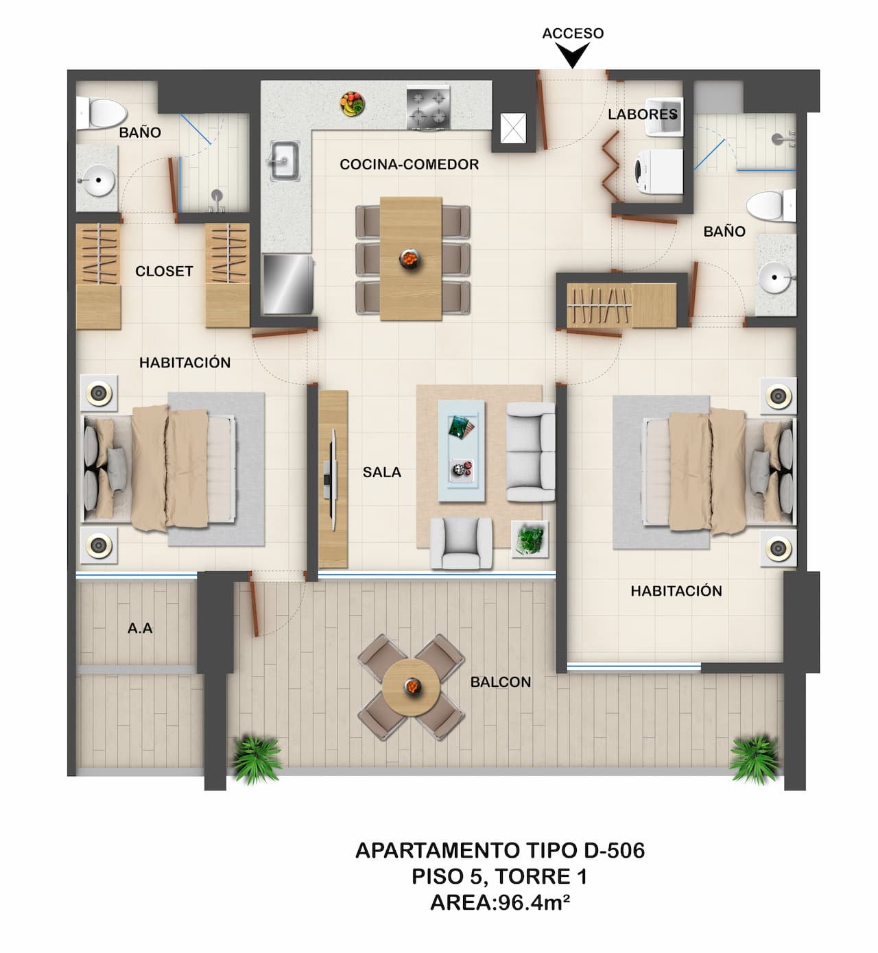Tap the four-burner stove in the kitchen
(x=429, y=107)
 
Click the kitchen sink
(x=283, y=161)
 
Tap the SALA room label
(x=382, y=472)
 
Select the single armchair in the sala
(x=461, y=542)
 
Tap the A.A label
(x=140, y=627)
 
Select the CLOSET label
(x=164, y=271)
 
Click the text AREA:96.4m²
(x=500, y=903)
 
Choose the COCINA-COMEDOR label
(x=410, y=165)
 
